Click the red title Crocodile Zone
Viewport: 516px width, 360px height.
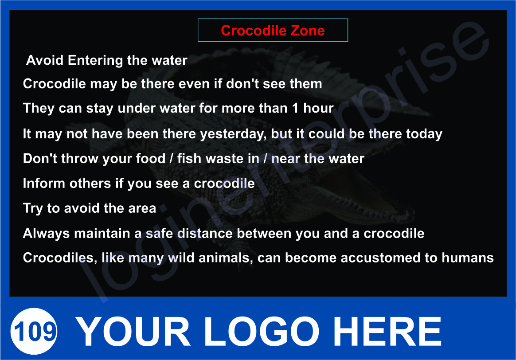point(273,31)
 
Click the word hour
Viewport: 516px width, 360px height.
point(318,108)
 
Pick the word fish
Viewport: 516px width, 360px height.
point(189,159)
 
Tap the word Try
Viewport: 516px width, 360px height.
point(33,209)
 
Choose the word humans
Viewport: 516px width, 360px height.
point(468,258)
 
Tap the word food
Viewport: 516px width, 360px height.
point(151,159)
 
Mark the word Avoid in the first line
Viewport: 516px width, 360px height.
point(45,61)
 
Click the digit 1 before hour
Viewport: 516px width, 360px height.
point(295,108)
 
